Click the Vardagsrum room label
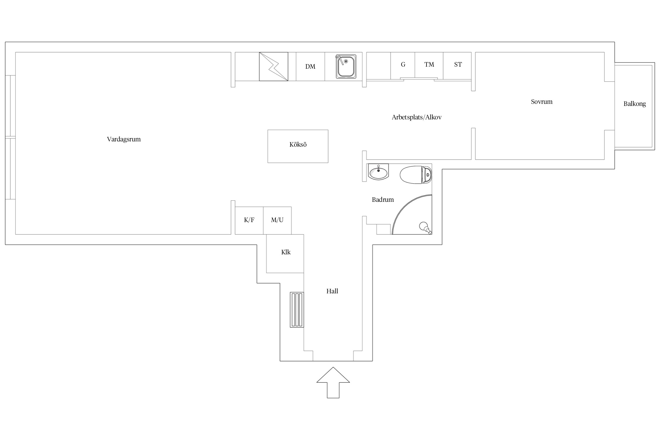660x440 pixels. point(124,139)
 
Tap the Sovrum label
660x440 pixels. point(541,102)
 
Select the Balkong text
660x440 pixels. point(634,104)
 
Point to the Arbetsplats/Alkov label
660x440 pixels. point(417,117)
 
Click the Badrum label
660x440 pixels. point(383,200)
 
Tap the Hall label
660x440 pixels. point(332,291)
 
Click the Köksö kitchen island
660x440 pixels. point(298,146)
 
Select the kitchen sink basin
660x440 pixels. point(346,67)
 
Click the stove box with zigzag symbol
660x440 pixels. point(273,67)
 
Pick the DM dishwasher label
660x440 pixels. point(310,67)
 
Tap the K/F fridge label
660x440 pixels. point(249,220)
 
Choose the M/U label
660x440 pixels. point(277,220)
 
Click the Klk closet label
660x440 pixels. point(286,252)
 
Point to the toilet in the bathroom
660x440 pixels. point(416,175)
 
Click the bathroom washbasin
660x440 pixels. point(378,172)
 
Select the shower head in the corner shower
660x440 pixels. point(426,228)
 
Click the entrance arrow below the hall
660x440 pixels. point(333,383)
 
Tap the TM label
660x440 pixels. point(429,65)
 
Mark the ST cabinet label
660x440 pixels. point(458,65)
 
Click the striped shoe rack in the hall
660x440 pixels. point(297,309)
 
